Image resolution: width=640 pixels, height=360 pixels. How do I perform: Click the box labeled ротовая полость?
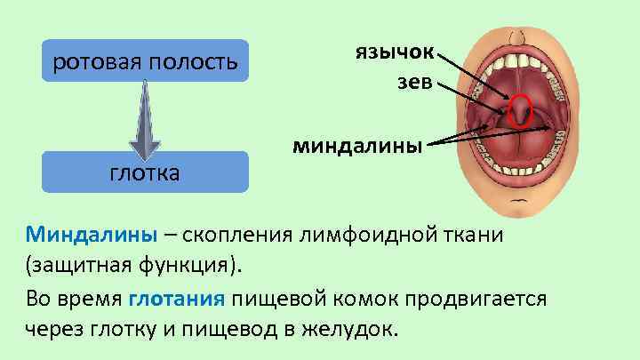point(145,62)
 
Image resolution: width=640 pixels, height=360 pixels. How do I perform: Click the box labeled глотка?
point(145,172)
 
